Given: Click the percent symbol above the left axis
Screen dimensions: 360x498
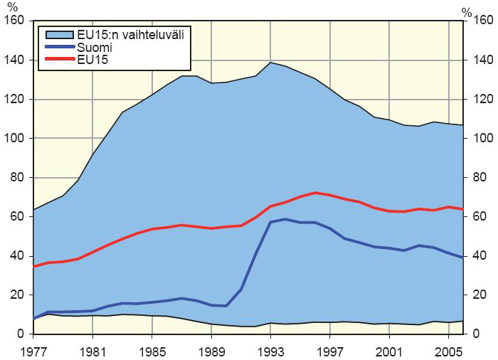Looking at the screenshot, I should point(13,7).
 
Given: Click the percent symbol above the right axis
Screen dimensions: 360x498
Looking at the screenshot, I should point(466,11).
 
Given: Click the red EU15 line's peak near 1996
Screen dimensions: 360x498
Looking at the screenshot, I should point(314,192).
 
